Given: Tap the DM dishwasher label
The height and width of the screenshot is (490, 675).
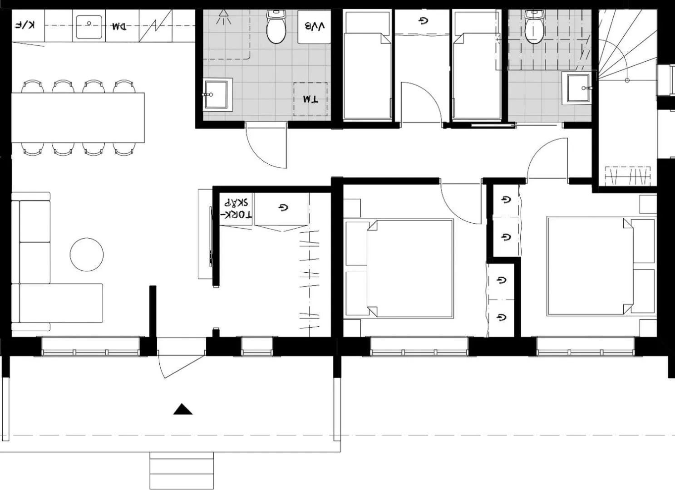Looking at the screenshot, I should pyautogui.click(x=118, y=26).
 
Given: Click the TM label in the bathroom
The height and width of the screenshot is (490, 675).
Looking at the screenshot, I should pyautogui.click(x=310, y=99).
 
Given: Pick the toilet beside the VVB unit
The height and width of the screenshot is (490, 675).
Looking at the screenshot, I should pyautogui.click(x=276, y=28).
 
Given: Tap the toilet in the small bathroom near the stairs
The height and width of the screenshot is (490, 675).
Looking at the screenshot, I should pyautogui.click(x=533, y=28).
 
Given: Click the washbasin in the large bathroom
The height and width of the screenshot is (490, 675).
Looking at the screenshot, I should pyautogui.click(x=217, y=94).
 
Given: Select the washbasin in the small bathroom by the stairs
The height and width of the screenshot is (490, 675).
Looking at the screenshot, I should pyautogui.click(x=577, y=88).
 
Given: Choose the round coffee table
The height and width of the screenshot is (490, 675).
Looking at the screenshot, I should pyautogui.click(x=87, y=255).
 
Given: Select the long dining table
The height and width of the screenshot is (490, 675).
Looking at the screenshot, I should pyautogui.click(x=78, y=118).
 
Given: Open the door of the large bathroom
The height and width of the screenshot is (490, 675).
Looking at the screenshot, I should pyautogui.click(x=266, y=145).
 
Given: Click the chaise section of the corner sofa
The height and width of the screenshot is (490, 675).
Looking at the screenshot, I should pyautogui.click(x=61, y=303).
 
